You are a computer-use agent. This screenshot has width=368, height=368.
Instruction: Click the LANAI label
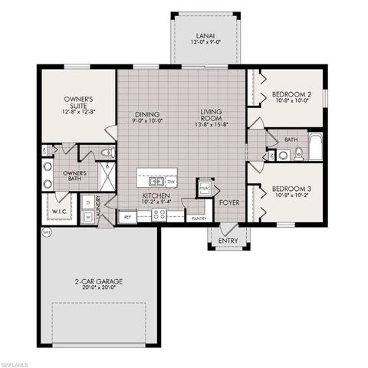click(205, 36)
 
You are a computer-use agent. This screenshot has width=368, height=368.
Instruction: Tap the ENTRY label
click(228, 242)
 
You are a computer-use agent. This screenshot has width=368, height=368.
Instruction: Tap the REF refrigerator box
click(128, 217)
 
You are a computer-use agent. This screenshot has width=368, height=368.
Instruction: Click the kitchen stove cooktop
click(159, 215)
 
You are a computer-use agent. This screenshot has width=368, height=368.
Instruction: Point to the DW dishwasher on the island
click(170, 182)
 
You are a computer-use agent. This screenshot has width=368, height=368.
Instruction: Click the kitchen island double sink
click(156, 182)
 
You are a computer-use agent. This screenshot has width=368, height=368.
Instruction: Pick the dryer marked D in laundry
click(88, 202)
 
